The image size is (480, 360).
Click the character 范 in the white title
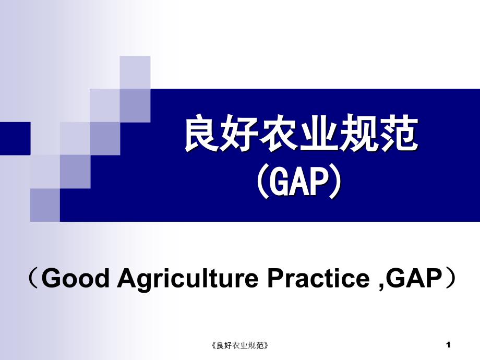[399, 133]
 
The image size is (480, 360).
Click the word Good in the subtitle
[75, 278]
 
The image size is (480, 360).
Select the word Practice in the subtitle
[319, 278]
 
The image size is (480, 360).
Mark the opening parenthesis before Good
[33, 278]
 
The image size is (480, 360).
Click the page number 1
[448, 345]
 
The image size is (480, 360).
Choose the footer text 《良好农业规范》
[240, 345]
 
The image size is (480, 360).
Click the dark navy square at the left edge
[15, 138]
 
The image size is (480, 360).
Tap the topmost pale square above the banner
[135, 73]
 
